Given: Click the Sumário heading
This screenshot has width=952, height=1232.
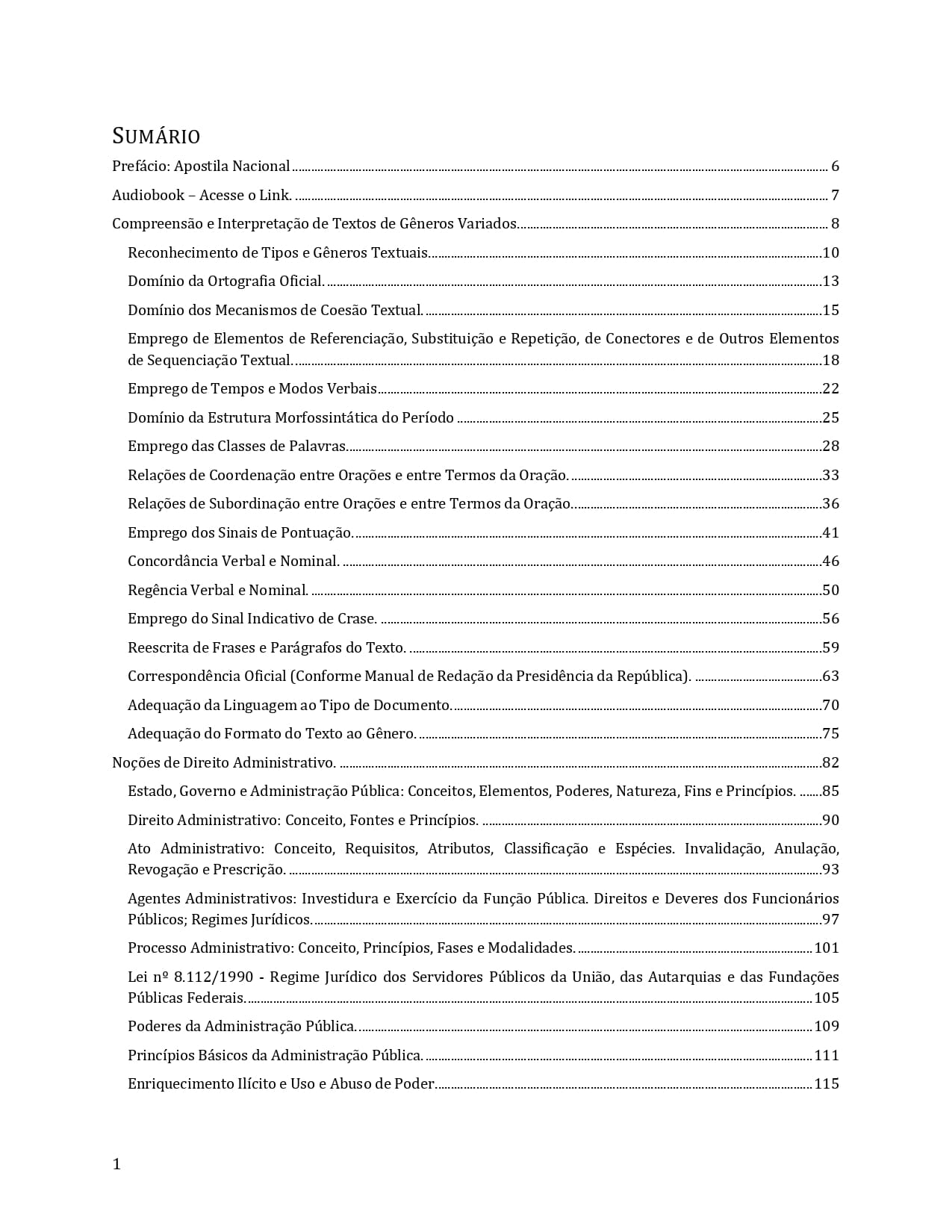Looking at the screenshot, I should coord(156,136).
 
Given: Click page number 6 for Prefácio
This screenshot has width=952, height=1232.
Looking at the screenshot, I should coord(835,167).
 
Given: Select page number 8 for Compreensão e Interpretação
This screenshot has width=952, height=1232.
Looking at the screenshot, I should coord(835,224).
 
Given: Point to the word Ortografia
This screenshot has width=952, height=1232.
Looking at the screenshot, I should coord(240,281).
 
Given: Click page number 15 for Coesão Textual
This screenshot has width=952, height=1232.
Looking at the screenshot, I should coord(830,311).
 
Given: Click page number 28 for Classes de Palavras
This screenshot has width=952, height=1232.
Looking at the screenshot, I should coord(830,447).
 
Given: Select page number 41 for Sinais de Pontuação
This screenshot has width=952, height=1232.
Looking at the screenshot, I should coord(830,533).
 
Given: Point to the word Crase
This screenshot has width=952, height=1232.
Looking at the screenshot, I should coord(357,619).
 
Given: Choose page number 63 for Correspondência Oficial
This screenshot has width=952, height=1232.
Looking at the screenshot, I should coord(830,676).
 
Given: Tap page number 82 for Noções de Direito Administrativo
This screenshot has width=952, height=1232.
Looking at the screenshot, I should coord(830,763).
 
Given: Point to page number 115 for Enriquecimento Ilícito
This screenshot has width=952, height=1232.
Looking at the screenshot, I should coord(827,1084).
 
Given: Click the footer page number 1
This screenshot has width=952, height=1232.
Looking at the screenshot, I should coord(116,1164).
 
